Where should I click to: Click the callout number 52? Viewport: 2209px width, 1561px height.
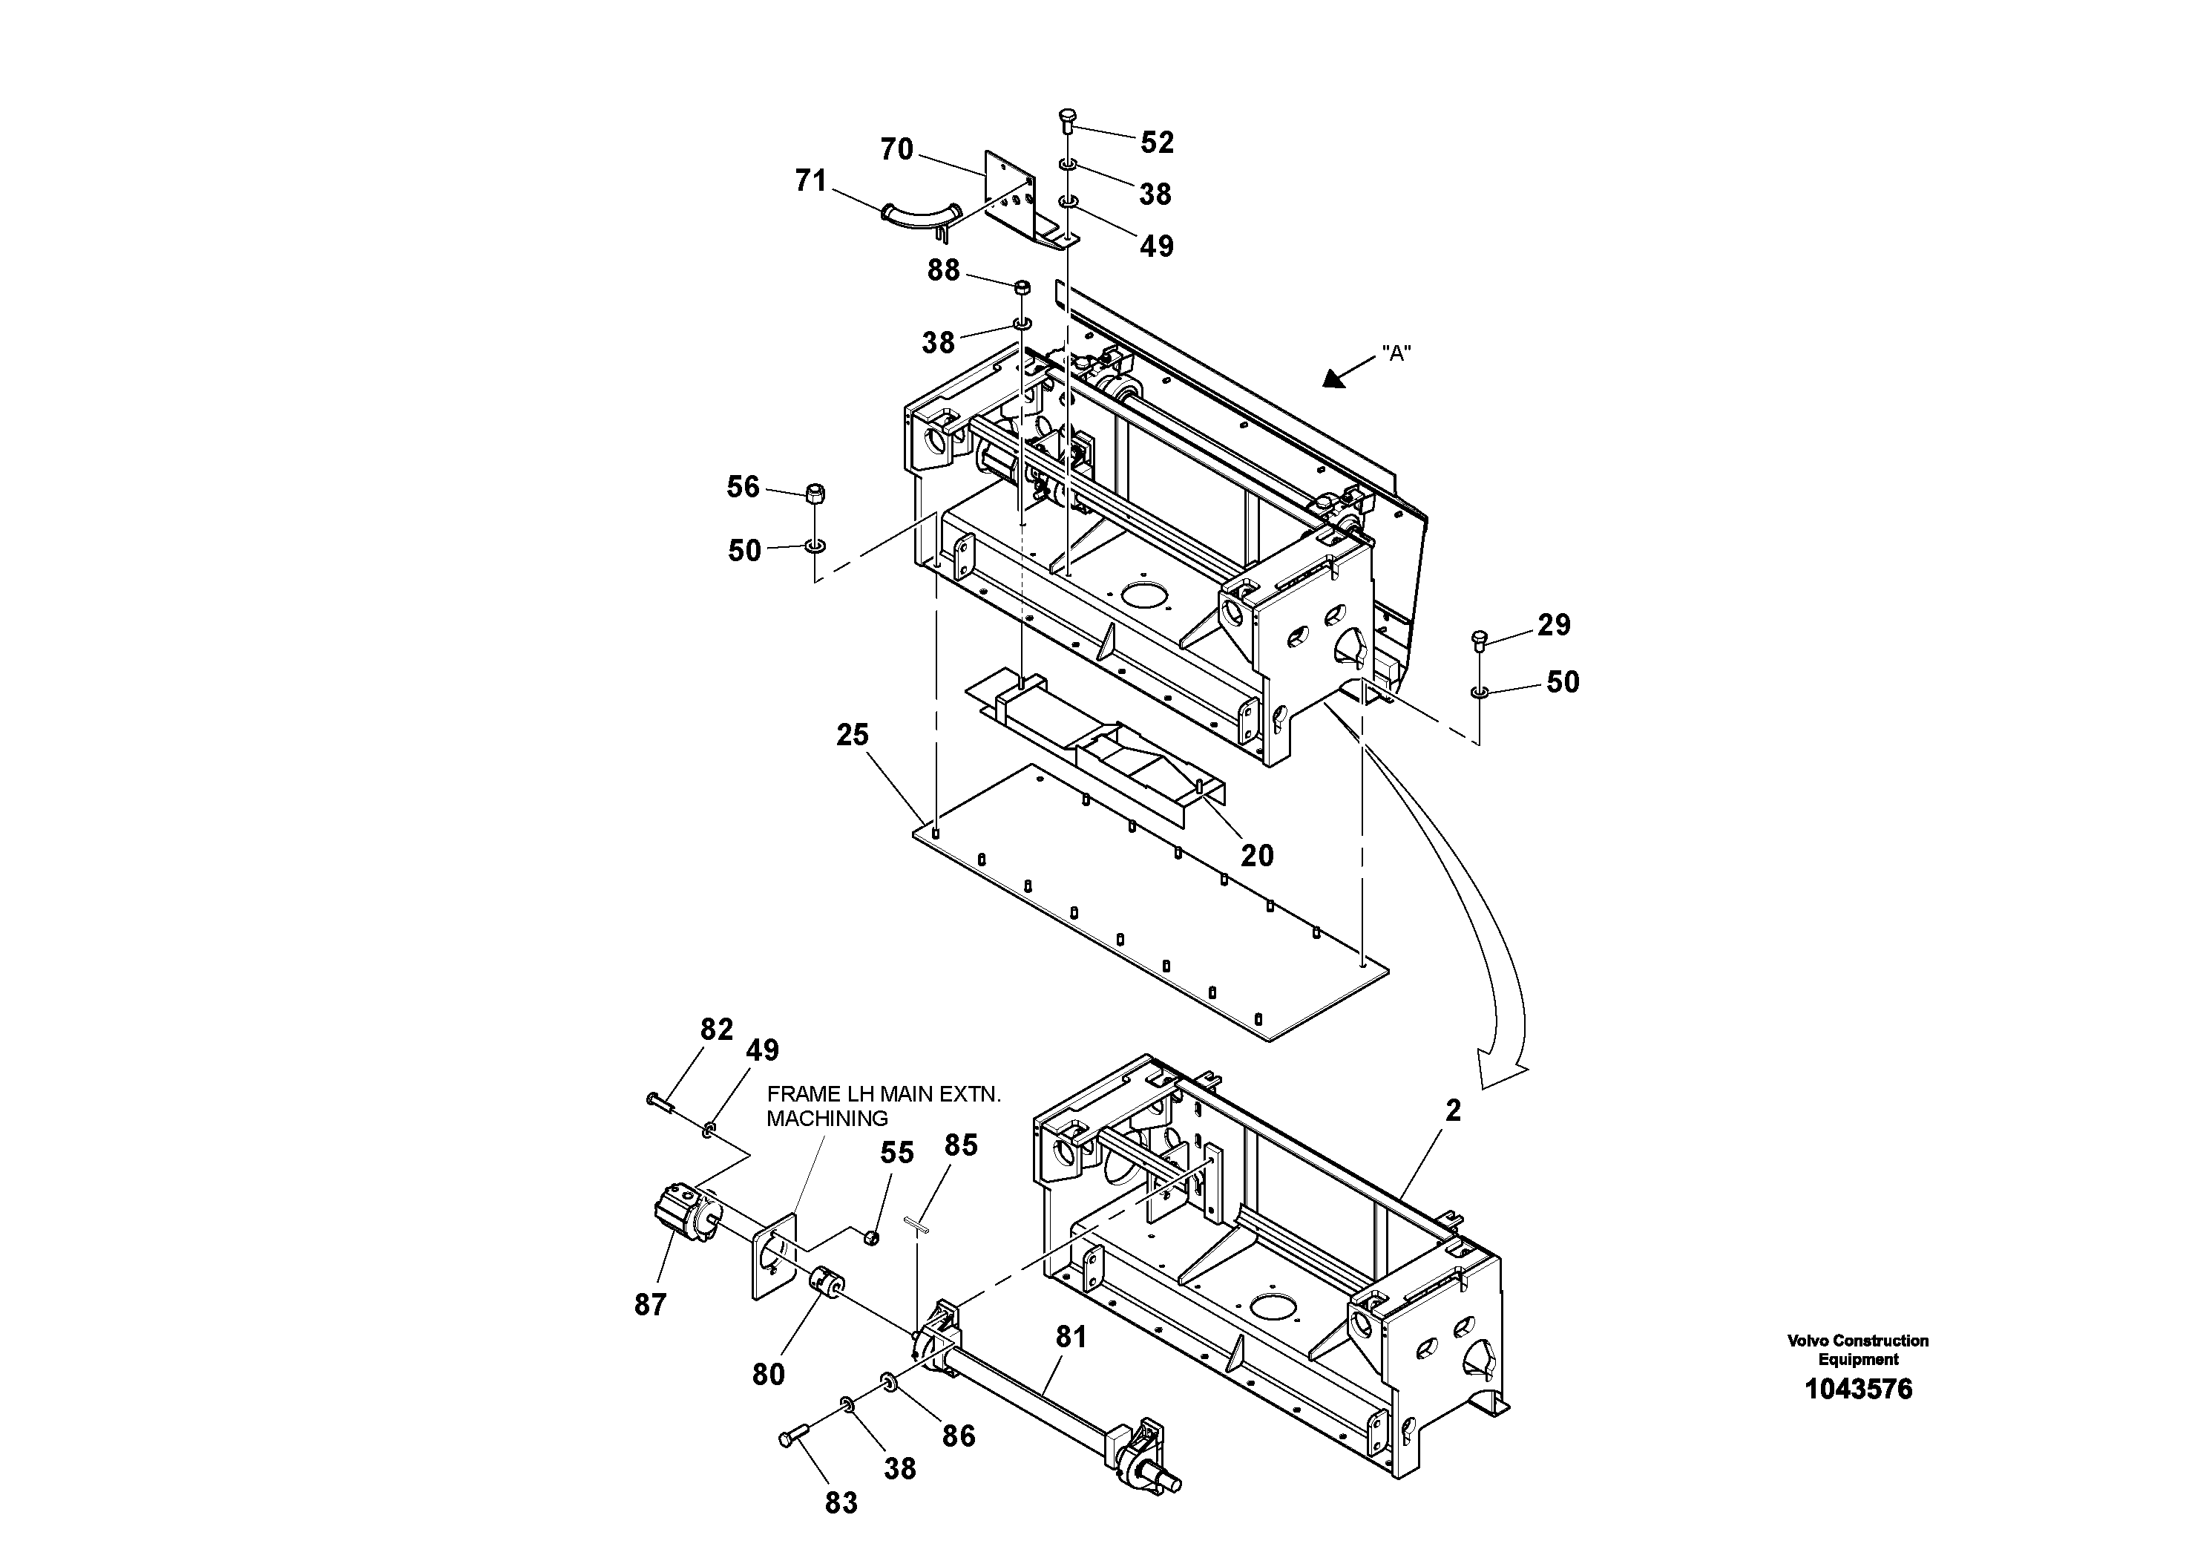1157,143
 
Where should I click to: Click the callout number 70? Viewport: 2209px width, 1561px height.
896,149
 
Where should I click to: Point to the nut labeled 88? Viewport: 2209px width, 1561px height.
1023,287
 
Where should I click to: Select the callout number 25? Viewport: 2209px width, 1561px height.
853,736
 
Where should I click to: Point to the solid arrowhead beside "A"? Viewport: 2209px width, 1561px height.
1336,379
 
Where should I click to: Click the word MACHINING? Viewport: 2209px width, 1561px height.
827,1119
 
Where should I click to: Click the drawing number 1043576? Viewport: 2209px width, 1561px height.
1858,1389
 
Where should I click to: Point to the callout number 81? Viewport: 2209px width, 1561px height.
1071,1337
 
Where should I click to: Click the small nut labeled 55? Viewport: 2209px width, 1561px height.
870,1237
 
